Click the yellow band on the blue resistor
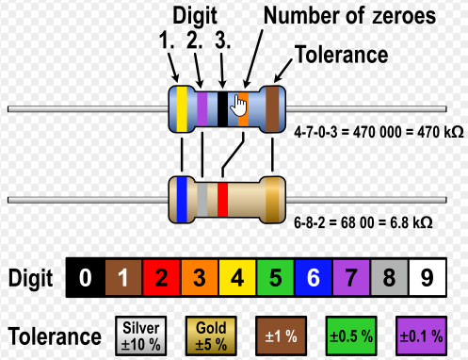(182, 109)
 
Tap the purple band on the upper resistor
(202, 109)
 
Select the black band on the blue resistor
(222, 109)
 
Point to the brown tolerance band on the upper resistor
(272, 109)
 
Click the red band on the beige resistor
(222, 200)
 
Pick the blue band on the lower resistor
(182, 200)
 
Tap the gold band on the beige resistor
(272, 200)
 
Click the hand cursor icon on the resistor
(238, 106)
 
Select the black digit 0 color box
(86, 278)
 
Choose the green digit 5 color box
(276, 278)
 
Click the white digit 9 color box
(428, 278)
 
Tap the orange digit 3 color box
(200, 278)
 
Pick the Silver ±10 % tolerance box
(141, 336)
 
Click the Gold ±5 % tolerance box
(211, 336)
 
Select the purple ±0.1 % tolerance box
(421, 336)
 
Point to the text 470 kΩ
(441, 132)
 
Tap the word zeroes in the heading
(404, 16)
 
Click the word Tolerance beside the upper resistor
(341, 55)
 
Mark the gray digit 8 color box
(389, 278)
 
